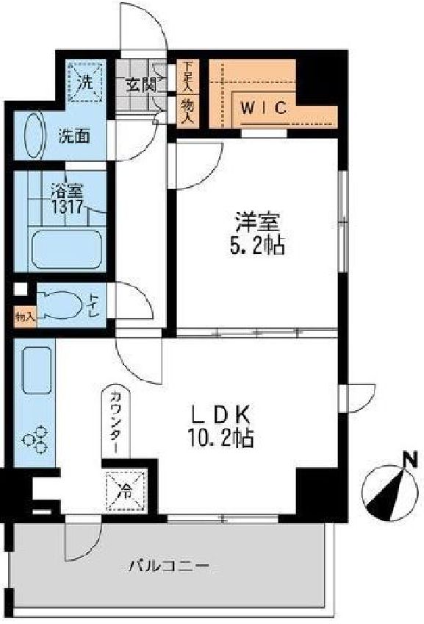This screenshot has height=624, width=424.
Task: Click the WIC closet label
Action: (x=263, y=107)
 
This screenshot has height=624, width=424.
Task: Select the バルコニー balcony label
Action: (x=169, y=567)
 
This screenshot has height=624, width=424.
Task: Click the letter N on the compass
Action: (x=405, y=460)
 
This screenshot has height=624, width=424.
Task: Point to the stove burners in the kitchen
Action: (x=35, y=440)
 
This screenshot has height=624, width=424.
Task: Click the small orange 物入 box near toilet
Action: (x=24, y=317)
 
